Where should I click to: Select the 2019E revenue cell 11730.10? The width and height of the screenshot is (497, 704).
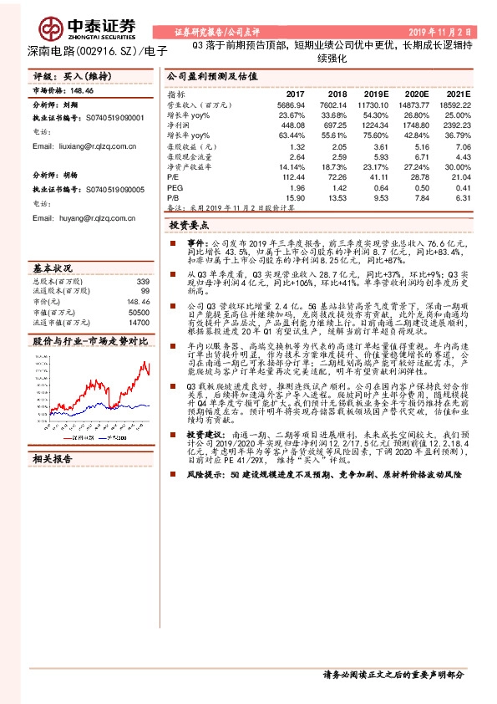373,105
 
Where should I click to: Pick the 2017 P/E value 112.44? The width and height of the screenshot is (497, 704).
292,177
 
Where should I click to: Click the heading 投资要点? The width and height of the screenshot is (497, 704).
189,225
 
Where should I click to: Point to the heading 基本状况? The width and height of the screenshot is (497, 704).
52,268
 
